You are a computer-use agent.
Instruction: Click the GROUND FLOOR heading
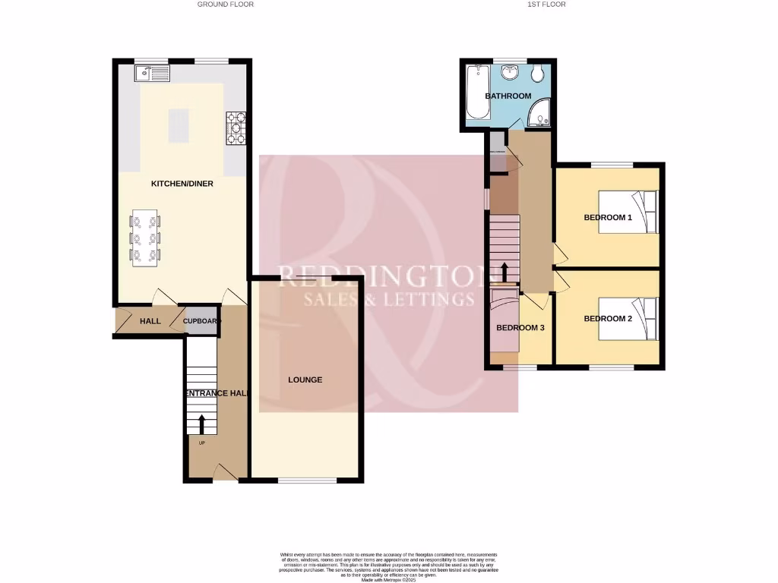pyautogui.click(x=225, y=5)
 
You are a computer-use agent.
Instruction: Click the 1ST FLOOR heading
pyautogui.click(x=546, y=5)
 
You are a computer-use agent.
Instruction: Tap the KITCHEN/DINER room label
pyautogui.click(x=182, y=184)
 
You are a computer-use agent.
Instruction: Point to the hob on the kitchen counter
pyautogui.click(x=236, y=128)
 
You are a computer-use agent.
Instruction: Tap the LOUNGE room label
pyautogui.click(x=305, y=380)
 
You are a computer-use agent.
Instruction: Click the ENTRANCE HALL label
pyautogui.click(x=217, y=393)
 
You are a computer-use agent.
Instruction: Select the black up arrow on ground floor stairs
pyautogui.click(x=202, y=423)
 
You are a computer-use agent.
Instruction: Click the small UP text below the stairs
pyautogui.click(x=202, y=443)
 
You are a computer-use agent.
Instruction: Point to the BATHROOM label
pyautogui.click(x=508, y=96)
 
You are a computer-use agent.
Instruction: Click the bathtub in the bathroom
pyautogui.click(x=478, y=93)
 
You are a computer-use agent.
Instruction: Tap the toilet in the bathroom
pyautogui.click(x=537, y=73)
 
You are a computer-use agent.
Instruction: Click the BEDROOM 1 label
pyautogui.click(x=608, y=218)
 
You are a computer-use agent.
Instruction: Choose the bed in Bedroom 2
pyautogui.click(x=628, y=319)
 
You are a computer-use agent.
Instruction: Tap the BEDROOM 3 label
pyautogui.click(x=520, y=329)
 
